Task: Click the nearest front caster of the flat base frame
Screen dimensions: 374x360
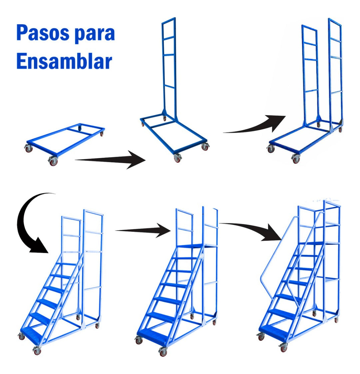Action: click(53, 161)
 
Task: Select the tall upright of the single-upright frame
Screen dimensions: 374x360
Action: click(169, 67)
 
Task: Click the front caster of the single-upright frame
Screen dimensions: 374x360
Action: click(177, 158)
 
